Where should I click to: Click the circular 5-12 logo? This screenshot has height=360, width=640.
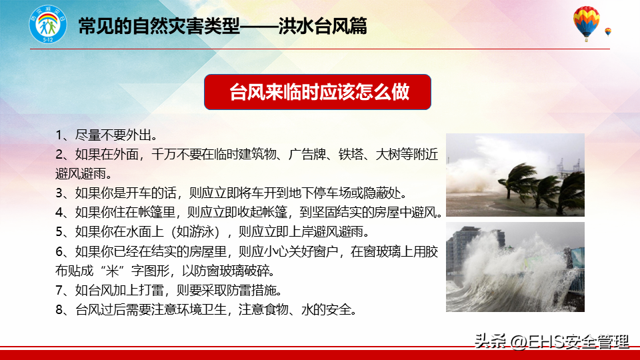[48, 25]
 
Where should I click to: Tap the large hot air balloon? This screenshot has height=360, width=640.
[586, 23]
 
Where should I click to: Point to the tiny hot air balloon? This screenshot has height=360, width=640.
[608, 32]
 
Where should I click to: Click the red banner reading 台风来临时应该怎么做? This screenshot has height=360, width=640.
[317, 92]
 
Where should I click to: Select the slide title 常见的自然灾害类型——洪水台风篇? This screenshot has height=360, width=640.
[223, 26]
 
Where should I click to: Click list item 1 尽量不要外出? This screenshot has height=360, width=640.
[106, 135]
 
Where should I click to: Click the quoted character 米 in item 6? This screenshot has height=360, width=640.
[112, 271]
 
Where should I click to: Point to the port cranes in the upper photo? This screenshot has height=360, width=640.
[569, 167]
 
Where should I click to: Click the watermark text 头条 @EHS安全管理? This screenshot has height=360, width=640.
[551, 341]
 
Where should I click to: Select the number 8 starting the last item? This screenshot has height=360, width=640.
[59, 310]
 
